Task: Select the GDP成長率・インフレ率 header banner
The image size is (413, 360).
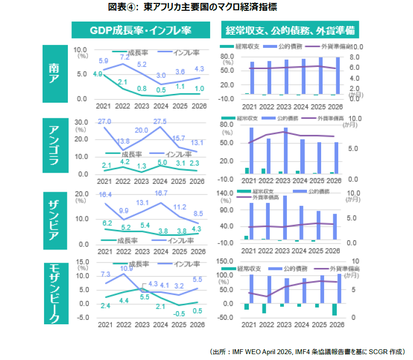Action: [140, 30]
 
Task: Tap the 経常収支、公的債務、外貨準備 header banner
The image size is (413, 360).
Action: [290, 30]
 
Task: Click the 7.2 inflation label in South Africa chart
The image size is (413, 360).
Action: [124, 57]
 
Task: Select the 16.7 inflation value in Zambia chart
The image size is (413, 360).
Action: [160, 193]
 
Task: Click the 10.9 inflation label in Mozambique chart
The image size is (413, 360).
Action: [126, 269]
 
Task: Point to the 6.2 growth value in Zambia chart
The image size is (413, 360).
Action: [107, 223]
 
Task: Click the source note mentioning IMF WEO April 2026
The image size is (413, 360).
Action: [307, 352]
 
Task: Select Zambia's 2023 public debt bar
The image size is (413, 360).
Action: [285, 218]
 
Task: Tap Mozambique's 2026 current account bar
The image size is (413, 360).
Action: [334, 310]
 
